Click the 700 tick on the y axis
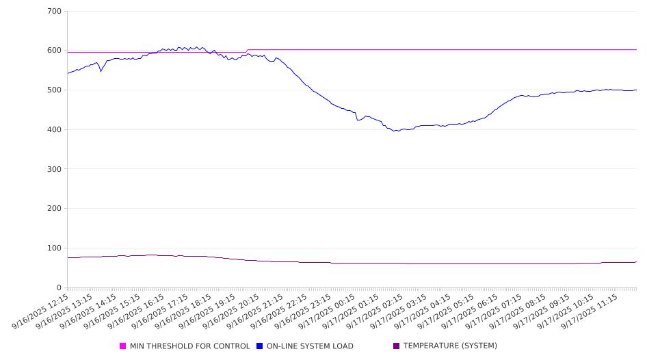[x=55, y=12]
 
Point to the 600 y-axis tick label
[x=55, y=51]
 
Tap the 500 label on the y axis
[x=55, y=90]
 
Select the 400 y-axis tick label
[x=55, y=130]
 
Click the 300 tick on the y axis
[x=55, y=169]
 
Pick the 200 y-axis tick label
[x=55, y=209]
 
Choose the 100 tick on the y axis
[x=55, y=248]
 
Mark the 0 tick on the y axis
[x=60, y=287]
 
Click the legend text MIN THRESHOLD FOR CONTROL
[x=189, y=346]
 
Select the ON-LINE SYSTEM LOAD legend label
[x=310, y=346]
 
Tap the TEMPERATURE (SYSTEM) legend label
[x=450, y=346]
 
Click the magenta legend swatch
[x=123, y=346]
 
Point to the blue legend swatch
[x=260, y=346]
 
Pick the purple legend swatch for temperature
[x=397, y=346]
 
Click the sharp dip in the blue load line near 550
[x=101, y=71]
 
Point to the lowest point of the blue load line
[x=395, y=131]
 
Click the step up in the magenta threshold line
[x=246, y=51]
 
